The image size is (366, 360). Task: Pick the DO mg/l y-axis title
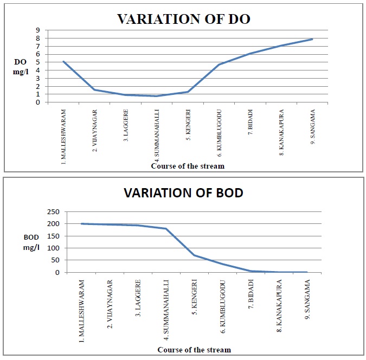click(20, 66)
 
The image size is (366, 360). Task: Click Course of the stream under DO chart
click(188, 166)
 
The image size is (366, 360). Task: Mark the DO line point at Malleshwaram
click(64, 62)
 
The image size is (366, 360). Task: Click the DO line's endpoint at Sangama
click(312, 39)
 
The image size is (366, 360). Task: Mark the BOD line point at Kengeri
click(194, 255)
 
